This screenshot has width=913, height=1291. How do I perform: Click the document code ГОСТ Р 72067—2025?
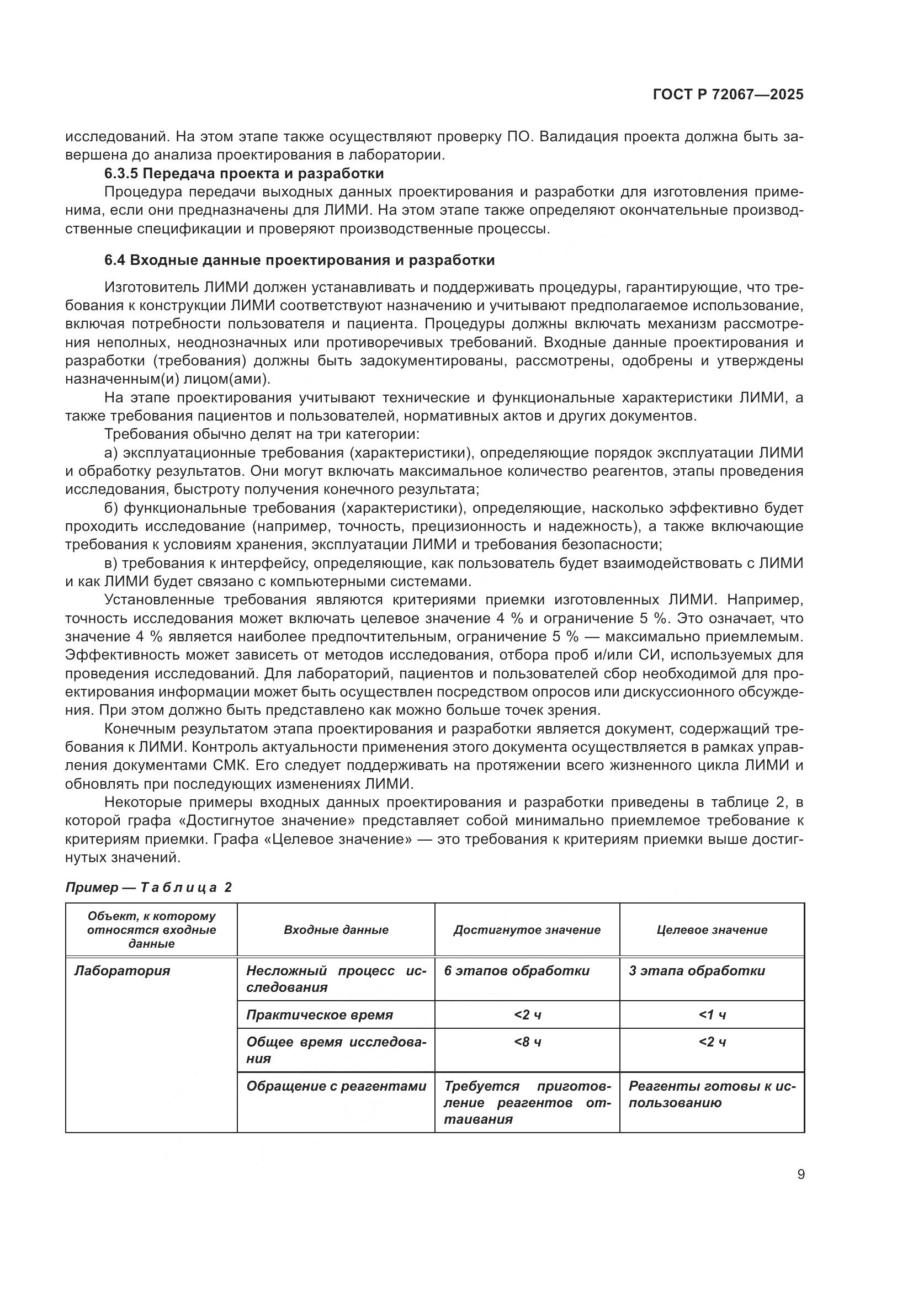(728, 94)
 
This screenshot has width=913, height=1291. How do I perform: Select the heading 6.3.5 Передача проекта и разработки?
(244, 173)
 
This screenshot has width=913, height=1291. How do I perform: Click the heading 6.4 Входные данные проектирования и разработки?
(299, 261)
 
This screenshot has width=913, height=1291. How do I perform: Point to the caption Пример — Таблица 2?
(148, 888)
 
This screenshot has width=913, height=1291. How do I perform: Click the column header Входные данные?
(336, 929)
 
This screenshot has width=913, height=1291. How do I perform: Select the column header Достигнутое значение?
(527, 929)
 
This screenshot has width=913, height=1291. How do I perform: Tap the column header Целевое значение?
(712, 929)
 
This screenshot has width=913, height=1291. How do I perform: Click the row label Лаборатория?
(122, 970)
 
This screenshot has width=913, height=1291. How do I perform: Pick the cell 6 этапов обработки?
(517, 970)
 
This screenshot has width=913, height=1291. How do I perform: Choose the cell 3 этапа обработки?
(697, 970)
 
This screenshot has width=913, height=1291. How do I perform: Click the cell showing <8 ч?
(527, 1042)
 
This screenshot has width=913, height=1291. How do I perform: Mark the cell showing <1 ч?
(712, 1015)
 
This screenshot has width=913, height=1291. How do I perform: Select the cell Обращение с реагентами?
(336, 1086)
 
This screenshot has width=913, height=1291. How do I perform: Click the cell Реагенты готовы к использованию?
(712, 1093)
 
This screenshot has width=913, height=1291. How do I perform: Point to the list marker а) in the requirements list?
(111, 453)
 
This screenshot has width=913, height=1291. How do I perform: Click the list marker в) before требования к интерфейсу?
(111, 564)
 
